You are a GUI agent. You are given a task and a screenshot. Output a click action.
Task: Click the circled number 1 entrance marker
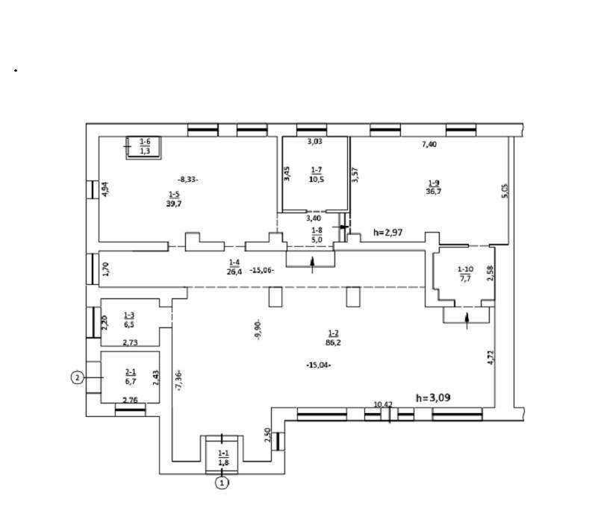(x=222, y=483)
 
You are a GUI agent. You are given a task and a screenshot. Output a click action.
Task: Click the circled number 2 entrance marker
(x=77, y=377)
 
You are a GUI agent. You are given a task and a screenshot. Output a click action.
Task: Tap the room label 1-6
(x=145, y=142)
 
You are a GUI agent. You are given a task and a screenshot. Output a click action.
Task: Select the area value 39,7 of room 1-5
(x=174, y=204)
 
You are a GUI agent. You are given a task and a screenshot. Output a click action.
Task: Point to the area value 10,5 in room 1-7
(x=317, y=179)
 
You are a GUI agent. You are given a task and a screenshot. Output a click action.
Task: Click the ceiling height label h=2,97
(x=388, y=232)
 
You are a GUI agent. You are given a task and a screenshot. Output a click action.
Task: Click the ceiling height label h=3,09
(x=433, y=398)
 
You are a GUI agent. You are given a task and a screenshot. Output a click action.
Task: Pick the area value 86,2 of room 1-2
(x=333, y=343)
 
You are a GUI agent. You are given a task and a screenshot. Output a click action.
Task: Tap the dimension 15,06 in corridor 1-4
(x=262, y=270)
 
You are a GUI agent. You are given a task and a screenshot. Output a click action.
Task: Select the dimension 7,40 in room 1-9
(x=429, y=145)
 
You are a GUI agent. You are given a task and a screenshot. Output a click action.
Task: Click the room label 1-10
(x=465, y=269)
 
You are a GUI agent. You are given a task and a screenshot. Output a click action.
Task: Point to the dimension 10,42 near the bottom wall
(x=383, y=404)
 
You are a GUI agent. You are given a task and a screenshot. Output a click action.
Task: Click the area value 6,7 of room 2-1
(x=131, y=381)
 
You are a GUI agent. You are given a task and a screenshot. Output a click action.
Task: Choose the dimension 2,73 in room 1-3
(x=130, y=343)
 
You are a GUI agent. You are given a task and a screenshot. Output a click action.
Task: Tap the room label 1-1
(x=223, y=453)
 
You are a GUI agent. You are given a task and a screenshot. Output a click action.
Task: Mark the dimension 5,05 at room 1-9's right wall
(x=505, y=191)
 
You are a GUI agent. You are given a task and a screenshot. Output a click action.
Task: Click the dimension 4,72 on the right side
(x=491, y=357)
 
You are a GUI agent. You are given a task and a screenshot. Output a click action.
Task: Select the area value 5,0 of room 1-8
(x=317, y=239)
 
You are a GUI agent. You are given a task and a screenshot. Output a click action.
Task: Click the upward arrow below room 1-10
(x=467, y=321)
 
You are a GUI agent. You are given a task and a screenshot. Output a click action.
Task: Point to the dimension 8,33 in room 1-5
(x=188, y=179)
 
